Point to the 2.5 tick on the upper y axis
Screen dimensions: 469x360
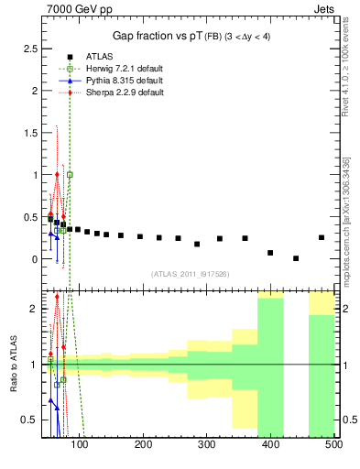point(34,48)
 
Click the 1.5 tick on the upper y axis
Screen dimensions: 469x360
point(34,132)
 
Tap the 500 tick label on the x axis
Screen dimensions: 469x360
point(333,444)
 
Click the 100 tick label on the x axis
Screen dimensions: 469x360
point(81,444)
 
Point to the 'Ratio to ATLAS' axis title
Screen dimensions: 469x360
point(14,365)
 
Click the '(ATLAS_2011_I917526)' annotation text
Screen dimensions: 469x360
point(191,273)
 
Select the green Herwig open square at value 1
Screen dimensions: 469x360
point(70,174)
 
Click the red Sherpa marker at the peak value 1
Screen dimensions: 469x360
point(57,174)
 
